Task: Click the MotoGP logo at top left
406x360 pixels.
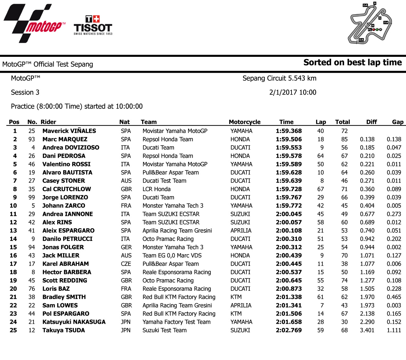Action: click(35, 24)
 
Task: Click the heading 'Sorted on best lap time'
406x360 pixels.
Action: click(352, 62)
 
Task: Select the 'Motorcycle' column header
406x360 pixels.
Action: click(245, 122)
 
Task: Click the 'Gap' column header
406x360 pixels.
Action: click(397, 122)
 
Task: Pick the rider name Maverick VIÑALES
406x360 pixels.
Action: click(69, 131)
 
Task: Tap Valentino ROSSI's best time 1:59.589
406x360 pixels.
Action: click(289, 164)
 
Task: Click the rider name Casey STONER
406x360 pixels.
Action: click(64, 181)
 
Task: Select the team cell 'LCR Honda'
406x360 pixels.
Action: click(156, 189)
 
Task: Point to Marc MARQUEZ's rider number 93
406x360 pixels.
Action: click(32, 139)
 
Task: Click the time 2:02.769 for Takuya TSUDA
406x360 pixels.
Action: click(289, 330)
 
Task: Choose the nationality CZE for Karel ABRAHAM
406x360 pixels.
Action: click(126, 264)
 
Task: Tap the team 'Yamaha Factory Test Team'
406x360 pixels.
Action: click(176, 322)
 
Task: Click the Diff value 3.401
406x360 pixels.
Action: click(367, 330)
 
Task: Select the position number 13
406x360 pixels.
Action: click(13, 230)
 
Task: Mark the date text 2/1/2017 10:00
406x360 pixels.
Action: click(292, 92)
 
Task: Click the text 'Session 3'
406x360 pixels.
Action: click(25, 92)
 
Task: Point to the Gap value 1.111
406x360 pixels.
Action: click(394, 330)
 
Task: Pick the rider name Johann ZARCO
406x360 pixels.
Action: click(64, 206)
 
